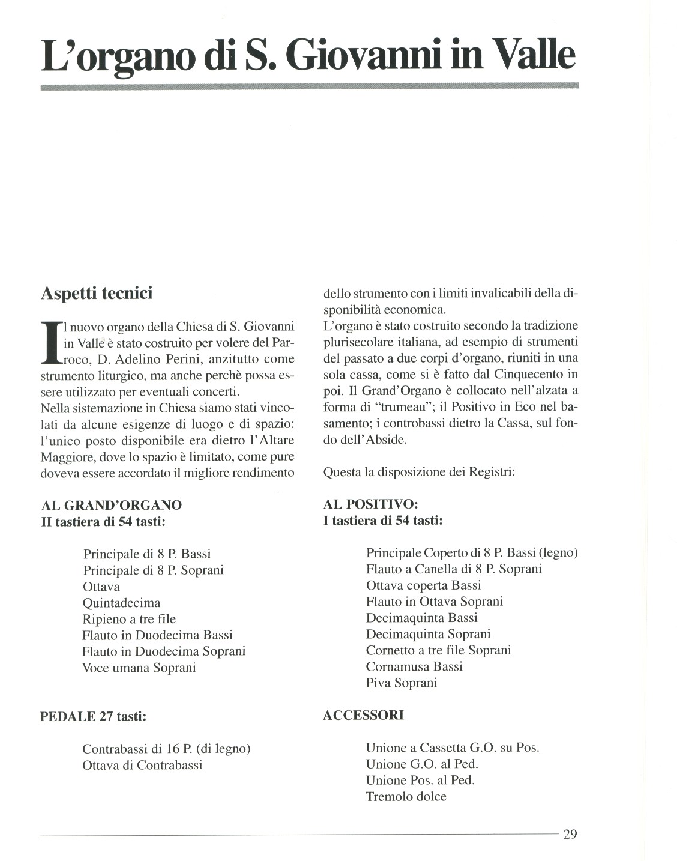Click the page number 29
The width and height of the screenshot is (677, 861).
click(570, 834)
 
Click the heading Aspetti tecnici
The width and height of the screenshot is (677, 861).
click(96, 293)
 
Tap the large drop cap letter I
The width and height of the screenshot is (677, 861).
click(50, 343)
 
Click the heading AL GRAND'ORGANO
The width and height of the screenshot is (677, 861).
click(111, 505)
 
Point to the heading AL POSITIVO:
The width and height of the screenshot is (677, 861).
click(370, 504)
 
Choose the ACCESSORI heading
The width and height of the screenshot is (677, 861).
click(363, 715)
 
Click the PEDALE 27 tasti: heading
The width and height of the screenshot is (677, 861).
click(93, 716)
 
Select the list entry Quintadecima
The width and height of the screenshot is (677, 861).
click(121, 603)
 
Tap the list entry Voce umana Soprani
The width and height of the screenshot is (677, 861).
click(139, 668)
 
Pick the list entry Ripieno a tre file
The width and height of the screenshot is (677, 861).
click(129, 619)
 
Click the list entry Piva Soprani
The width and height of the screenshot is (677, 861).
click(402, 683)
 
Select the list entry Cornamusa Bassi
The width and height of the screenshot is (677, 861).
click(414, 666)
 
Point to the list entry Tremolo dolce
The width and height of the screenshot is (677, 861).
click(406, 797)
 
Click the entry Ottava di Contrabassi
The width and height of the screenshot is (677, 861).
click(142, 765)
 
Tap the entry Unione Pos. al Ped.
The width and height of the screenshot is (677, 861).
click(420, 781)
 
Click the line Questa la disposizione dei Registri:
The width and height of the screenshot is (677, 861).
click(419, 471)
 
